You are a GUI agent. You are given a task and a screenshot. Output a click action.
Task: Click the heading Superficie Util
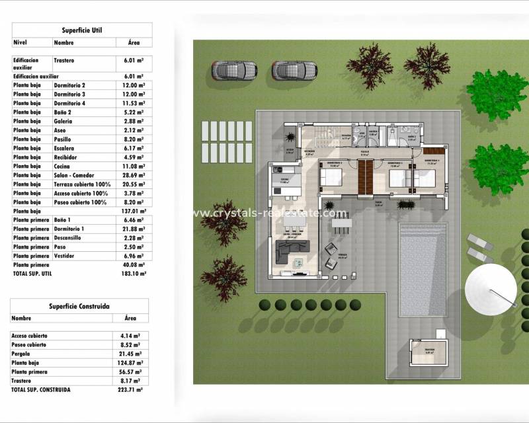click(82, 30)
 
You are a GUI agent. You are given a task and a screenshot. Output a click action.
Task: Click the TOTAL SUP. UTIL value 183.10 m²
click(134, 272)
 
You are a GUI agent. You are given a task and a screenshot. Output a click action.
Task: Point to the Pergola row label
click(22, 354)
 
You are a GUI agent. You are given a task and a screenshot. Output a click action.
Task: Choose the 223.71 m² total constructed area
click(130, 390)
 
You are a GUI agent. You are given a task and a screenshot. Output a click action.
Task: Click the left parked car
click(234, 69)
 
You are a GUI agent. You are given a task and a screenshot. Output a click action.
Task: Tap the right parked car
click(292, 69)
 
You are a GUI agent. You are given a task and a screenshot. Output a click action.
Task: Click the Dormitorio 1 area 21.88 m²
click(134, 229)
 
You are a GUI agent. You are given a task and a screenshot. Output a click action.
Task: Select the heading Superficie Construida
click(79, 306)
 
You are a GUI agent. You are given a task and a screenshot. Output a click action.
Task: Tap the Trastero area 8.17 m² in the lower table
click(130, 381)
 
